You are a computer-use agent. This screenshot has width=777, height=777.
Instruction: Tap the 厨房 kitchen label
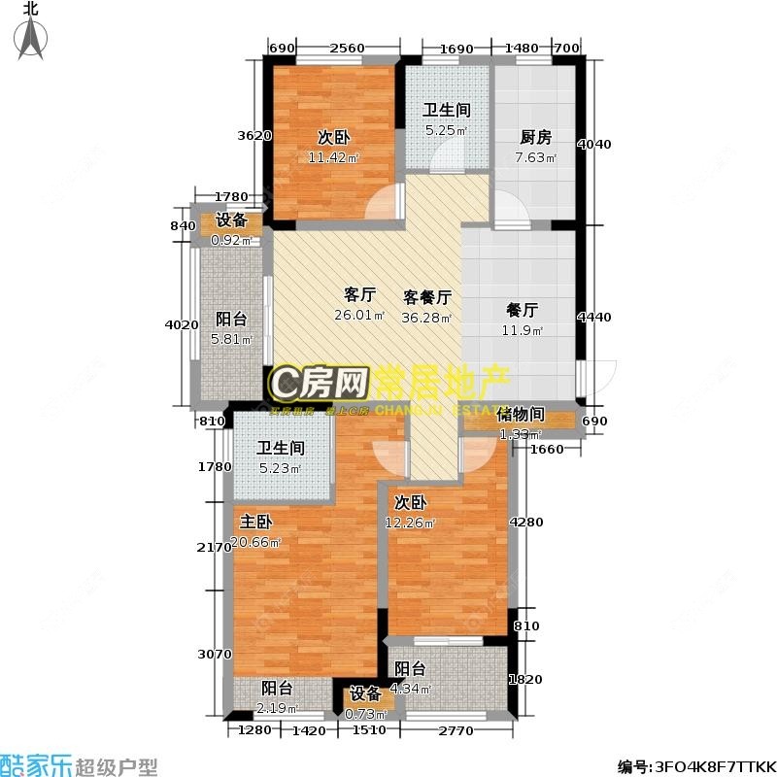(534, 138)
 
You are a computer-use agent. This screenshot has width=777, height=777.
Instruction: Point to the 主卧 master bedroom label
(255, 521)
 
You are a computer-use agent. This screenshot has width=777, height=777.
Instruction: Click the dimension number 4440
(594, 317)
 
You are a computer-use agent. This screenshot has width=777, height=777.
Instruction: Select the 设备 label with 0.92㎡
(231, 220)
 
